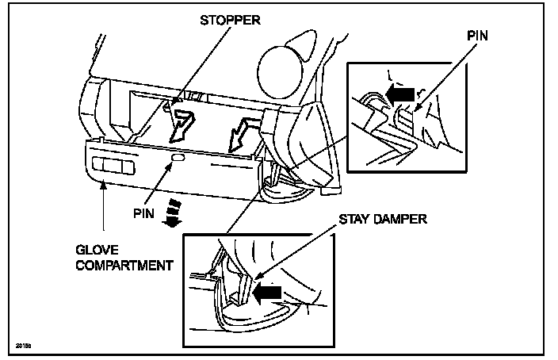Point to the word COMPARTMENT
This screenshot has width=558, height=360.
(124, 264)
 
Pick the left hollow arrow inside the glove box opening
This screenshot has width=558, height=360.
(187, 121)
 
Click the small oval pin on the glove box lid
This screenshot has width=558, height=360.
(177, 161)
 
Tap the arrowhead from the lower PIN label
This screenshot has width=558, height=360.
(171, 168)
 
